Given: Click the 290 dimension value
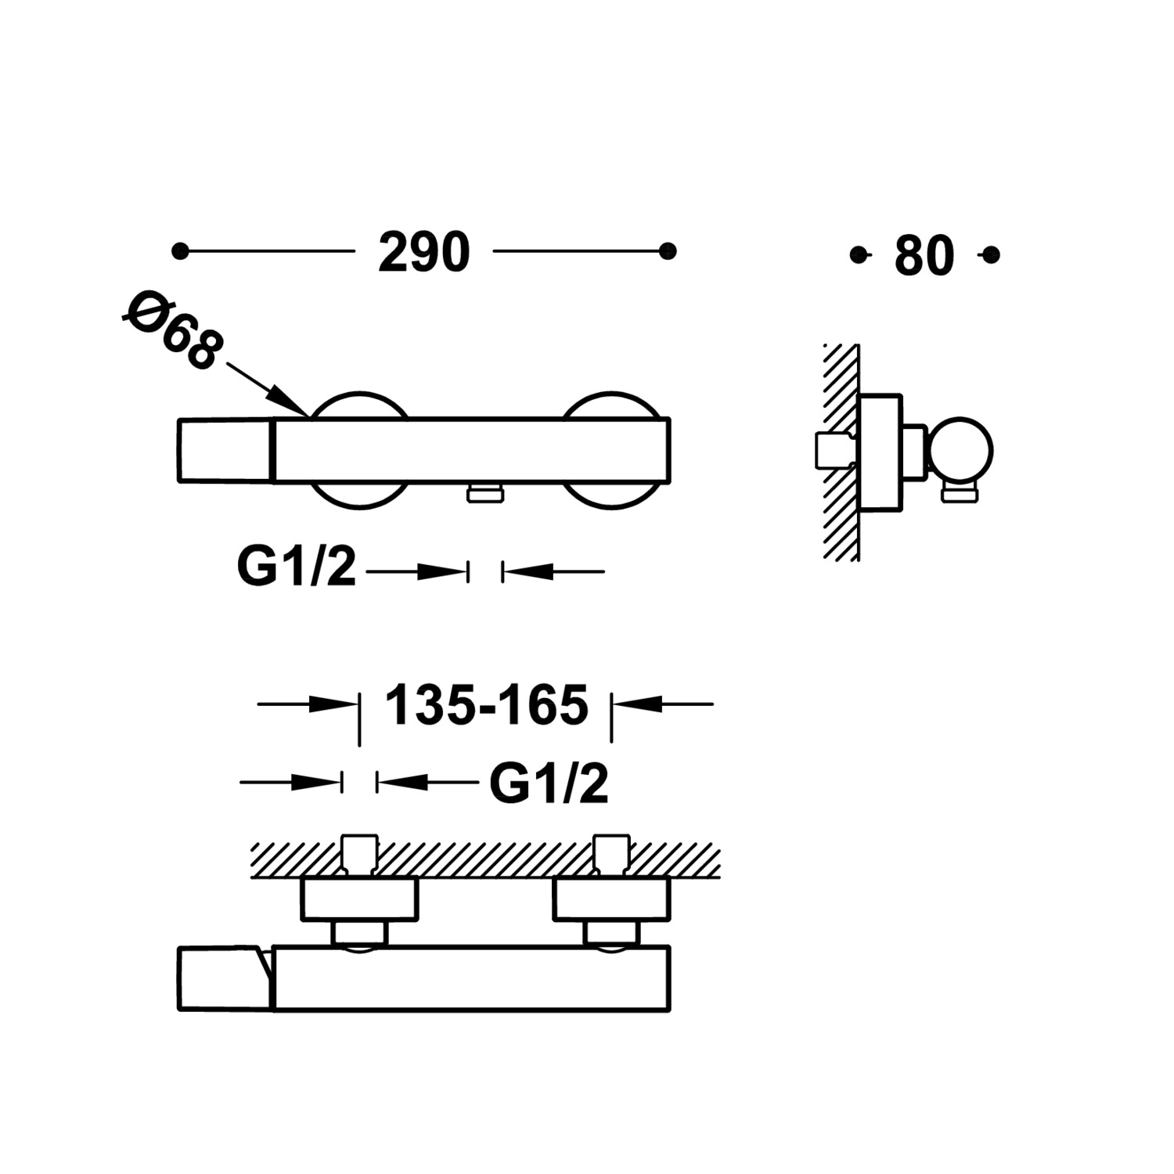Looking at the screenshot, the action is pyautogui.click(x=423, y=252).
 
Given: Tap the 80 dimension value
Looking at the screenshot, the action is pyautogui.click(x=924, y=255).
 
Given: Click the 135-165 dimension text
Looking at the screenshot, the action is pyautogui.click(x=486, y=704).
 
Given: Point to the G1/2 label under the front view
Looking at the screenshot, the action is pyautogui.click(x=296, y=567).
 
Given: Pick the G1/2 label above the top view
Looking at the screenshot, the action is pyautogui.click(x=549, y=783).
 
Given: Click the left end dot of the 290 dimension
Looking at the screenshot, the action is pyautogui.click(x=180, y=251).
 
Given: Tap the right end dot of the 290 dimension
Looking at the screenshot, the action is pyautogui.click(x=668, y=251).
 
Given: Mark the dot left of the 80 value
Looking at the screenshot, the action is pyautogui.click(x=859, y=254).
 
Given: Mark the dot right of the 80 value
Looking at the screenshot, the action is pyautogui.click(x=991, y=254).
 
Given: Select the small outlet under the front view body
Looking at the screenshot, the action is pyautogui.click(x=485, y=492).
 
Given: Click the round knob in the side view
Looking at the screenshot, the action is pyautogui.click(x=960, y=451).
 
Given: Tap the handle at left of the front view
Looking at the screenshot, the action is pyautogui.click(x=225, y=451).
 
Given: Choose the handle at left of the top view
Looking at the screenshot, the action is pyautogui.click(x=225, y=978).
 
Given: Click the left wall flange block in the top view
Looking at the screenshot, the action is pyautogui.click(x=360, y=899).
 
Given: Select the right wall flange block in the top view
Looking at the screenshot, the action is pyautogui.click(x=612, y=899).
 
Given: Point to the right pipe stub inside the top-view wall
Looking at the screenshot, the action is pyautogui.click(x=612, y=855).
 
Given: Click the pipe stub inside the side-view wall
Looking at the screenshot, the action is pyautogui.click(x=834, y=451).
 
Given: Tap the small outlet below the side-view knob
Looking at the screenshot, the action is pyautogui.click(x=960, y=492).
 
